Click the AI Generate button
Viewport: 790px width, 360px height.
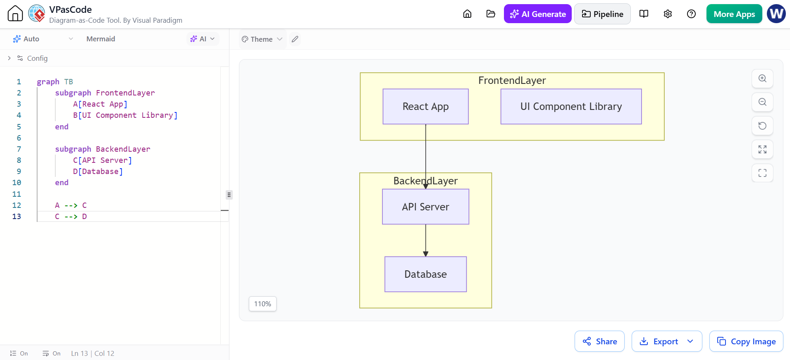[x=537, y=14]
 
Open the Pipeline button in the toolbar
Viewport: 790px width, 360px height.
[x=602, y=14]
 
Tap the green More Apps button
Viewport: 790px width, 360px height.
[x=734, y=14]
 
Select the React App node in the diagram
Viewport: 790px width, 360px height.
[x=425, y=107]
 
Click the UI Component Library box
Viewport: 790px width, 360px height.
[x=571, y=107]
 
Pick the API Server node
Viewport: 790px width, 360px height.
[x=425, y=207]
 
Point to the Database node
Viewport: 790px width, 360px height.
[x=425, y=274]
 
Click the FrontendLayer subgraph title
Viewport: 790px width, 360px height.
[x=512, y=81]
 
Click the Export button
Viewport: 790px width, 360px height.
[x=666, y=341]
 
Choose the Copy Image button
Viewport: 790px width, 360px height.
[x=746, y=341]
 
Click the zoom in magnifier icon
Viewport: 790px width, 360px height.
[x=762, y=79]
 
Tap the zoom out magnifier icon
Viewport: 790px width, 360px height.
[x=762, y=102]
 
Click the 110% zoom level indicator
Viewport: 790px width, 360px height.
[x=263, y=304]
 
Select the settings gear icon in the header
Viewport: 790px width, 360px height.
[x=668, y=14]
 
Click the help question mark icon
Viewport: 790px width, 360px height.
[x=691, y=14]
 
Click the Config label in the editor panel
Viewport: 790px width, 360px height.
[x=37, y=58]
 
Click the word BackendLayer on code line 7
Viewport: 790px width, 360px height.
[x=123, y=149]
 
